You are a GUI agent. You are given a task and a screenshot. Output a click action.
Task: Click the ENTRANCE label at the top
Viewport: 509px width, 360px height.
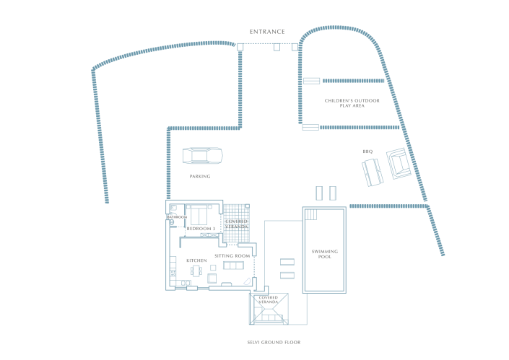tap(267, 32)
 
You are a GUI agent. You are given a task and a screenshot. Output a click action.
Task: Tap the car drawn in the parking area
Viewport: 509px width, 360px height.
tap(201, 156)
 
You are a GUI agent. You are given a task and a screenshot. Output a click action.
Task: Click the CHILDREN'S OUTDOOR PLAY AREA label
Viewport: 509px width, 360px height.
tap(352, 103)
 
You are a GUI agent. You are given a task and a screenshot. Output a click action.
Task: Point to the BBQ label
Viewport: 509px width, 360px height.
tap(367, 152)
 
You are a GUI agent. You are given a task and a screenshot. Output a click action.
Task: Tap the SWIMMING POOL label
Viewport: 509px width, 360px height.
tap(324, 254)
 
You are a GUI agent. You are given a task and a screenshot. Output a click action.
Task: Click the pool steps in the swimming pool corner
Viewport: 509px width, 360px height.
tap(311, 214)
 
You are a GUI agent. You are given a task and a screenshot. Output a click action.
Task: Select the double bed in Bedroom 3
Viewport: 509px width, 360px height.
tap(199, 215)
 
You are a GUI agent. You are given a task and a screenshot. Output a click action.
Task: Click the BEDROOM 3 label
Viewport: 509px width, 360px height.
tap(201, 228)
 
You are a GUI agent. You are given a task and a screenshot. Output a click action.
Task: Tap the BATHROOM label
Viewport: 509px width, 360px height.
tap(178, 216)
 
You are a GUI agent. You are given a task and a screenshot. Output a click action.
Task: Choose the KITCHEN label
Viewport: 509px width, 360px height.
tap(197, 260)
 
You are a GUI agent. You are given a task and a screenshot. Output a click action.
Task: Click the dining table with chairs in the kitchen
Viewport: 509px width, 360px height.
tap(196, 271)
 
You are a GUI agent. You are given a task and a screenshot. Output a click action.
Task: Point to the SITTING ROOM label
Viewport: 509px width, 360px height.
tap(232, 256)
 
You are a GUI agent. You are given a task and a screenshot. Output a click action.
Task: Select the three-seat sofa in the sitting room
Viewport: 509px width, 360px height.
tap(234, 265)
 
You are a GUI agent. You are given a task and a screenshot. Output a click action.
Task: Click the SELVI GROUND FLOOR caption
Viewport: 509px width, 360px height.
tap(274, 342)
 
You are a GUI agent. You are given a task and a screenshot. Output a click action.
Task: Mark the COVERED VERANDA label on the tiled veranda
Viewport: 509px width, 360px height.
tap(237, 224)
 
